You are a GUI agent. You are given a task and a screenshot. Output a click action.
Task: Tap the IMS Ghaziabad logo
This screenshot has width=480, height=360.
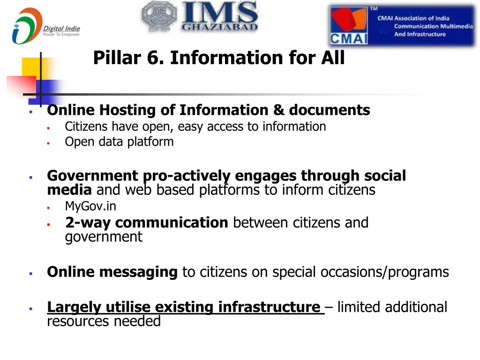click(200, 17)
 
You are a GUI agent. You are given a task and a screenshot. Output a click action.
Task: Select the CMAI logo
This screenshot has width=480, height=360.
click(402, 26)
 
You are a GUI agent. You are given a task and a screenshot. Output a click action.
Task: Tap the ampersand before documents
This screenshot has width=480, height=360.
click(279, 110)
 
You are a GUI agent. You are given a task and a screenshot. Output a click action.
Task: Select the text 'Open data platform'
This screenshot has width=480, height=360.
click(119, 142)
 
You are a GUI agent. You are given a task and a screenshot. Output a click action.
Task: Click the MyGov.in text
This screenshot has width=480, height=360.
click(90, 206)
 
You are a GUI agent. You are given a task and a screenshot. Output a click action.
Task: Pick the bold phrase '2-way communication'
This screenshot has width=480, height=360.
click(146, 222)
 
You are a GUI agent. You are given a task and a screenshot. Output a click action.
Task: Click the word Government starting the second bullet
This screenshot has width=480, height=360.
click(93, 176)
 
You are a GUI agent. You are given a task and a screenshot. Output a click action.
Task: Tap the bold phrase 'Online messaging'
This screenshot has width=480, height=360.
click(112, 272)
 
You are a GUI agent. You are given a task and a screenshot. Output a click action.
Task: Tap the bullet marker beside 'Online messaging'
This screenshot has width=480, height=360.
click(30, 273)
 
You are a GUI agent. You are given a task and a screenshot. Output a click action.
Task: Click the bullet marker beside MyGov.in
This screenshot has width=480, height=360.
click(48, 207)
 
